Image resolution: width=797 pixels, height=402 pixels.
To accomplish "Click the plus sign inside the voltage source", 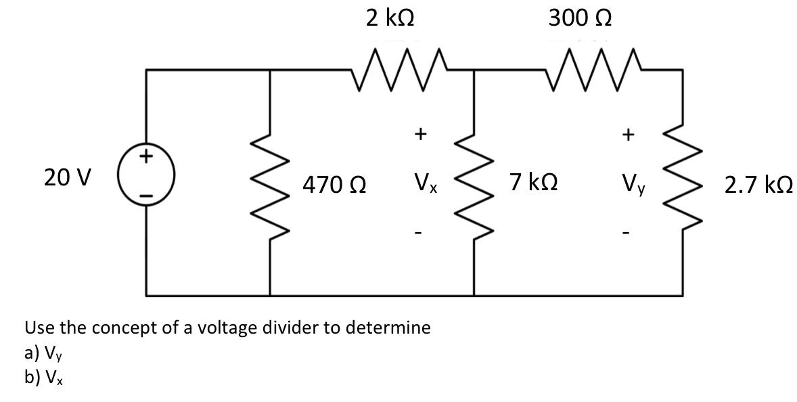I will [x=146, y=158].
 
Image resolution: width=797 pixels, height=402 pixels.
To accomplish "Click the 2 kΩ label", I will [x=390, y=18].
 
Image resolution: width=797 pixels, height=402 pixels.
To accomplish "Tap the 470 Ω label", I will [x=334, y=183].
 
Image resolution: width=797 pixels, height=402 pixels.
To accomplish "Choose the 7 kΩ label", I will [x=534, y=181].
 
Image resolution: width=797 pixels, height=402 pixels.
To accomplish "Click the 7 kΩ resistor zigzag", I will [x=473, y=183].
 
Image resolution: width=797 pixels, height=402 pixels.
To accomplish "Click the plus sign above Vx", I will [x=419, y=135].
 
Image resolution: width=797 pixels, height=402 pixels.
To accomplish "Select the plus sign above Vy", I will [x=628, y=135].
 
